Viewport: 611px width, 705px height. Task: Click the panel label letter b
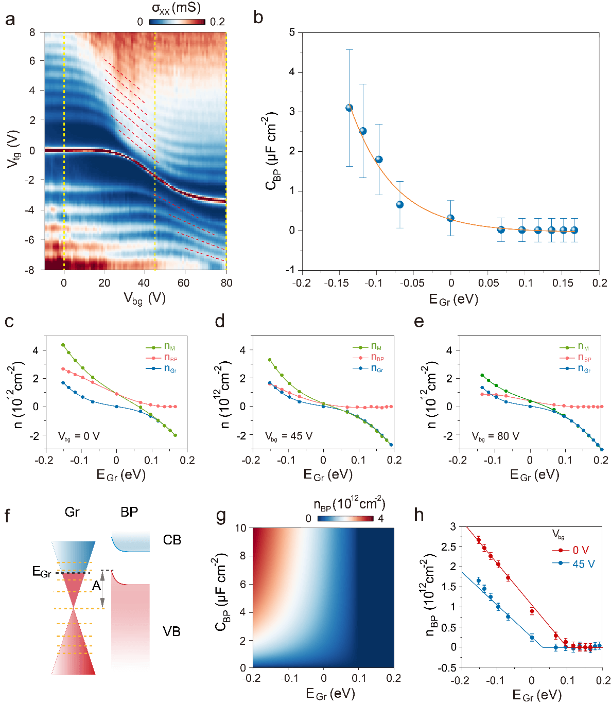pyautogui.click(x=258, y=18)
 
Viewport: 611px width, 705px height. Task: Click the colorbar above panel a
pyautogui.click(x=177, y=22)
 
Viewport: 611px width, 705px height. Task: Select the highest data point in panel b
pyautogui.click(x=349, y=108)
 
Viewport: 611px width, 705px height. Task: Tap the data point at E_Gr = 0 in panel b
pyautogui.click(x=450, y=218)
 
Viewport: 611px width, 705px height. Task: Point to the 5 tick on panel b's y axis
pyautogui.click(x=292, y=32)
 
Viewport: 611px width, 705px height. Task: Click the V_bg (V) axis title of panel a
pyautogui.click(x=144, y=298)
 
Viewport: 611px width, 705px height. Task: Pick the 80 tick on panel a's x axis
pyautogui.click(x=226, y=283)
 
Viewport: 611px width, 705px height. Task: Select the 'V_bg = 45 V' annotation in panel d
pyautogui.click(x=289, y=436)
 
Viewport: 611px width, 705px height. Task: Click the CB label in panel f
pyautogui.click(x=172, y=540)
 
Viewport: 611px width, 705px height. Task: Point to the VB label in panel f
pyautogui.click(x=171, y=631)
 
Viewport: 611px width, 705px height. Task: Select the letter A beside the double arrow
pyautogui.click(x=96, y=586)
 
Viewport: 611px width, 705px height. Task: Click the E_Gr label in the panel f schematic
pyautogui.click(x=41, y=572)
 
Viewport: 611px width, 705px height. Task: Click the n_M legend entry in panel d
pyautogui.click(x=376, y=347)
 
